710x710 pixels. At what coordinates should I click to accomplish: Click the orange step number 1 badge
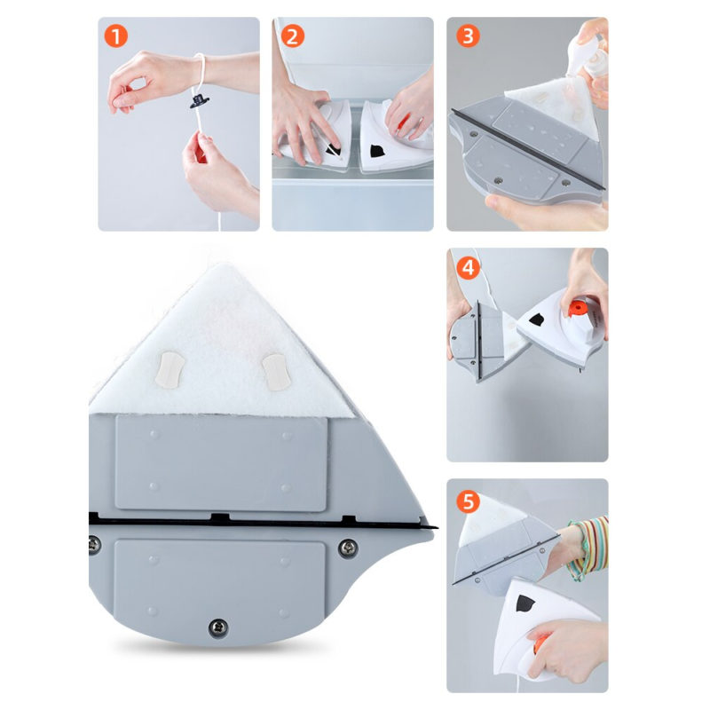(x=116, y=36)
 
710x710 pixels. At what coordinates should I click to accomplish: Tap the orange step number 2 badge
(x=293, y=36)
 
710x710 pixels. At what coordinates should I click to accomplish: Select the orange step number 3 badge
(x=468, y=36)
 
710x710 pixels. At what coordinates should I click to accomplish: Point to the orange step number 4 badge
(x=468, y=268)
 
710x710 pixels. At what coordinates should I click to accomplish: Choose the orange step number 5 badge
(x=468, y=501)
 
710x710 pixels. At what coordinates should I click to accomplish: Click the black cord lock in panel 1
(x=199, y=101)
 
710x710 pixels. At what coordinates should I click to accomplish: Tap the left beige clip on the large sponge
(x=169, y=369)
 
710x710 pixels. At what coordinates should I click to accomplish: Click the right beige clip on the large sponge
(x=276, y=372)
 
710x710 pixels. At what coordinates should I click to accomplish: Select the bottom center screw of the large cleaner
(x=218, y=628)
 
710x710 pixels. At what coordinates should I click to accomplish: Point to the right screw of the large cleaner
(x=348, y=548)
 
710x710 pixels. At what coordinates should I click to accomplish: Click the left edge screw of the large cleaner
(x=94, y=545)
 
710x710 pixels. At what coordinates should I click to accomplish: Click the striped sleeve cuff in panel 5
(x=588, y=548)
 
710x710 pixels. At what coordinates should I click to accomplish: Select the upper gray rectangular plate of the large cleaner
(x=221, y=463)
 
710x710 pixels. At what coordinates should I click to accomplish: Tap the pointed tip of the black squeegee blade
(x=437, y=527)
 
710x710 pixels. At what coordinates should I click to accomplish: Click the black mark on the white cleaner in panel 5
(x=525, y=603)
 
